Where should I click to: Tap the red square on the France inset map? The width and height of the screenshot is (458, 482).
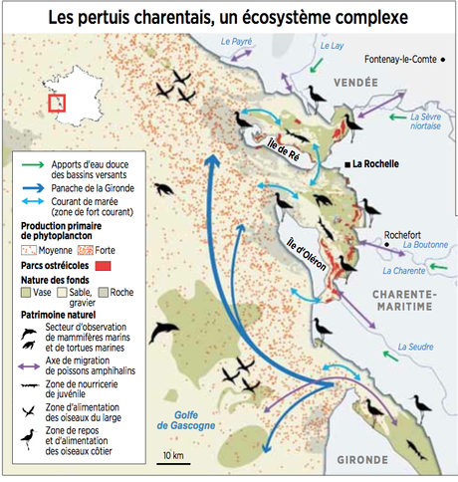click(56, 103)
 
